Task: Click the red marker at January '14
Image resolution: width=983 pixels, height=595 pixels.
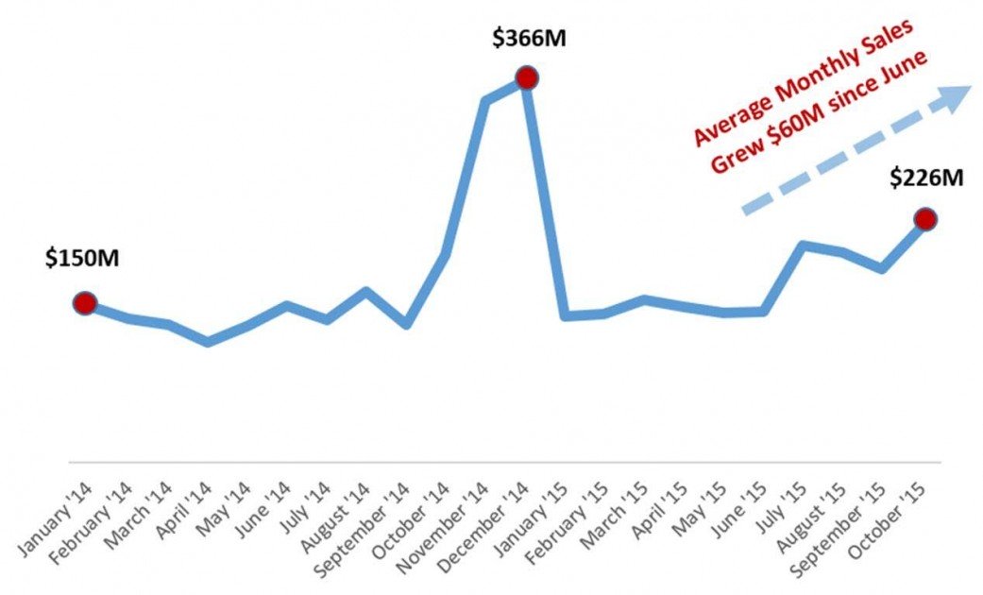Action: point(85,303)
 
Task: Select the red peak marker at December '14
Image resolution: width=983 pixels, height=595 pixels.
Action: point(526,77)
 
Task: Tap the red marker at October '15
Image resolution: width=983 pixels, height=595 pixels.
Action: point(925,219)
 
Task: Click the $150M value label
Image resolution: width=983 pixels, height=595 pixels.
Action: point(82,258)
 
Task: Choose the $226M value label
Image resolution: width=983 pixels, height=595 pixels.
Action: point(926,176)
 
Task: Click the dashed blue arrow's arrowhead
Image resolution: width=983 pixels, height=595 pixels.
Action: point(956,96)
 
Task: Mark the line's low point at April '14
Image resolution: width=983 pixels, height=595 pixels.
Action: point(208,342)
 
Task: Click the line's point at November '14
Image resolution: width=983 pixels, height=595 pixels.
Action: point(485,100)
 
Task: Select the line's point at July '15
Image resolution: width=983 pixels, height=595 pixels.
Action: point(803,245)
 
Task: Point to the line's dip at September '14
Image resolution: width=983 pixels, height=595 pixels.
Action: point(406,325)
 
